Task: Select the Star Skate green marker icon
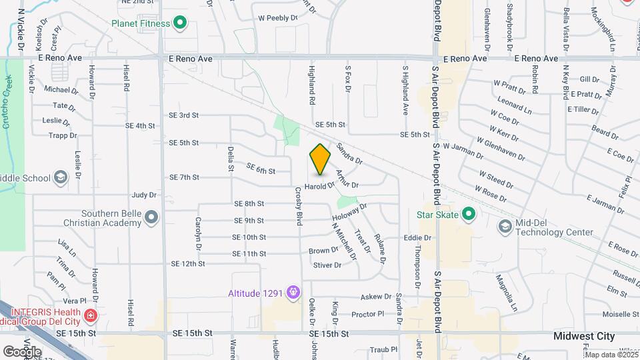pos(469,215)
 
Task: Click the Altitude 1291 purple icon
pos(292,292)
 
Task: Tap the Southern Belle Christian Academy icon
pos(152,217)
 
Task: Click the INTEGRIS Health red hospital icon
pos(91,314)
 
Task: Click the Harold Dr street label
pos(319,187)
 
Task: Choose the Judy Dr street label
pos(143,195)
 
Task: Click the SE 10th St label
pos(249,237)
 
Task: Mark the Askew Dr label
pos(375,297)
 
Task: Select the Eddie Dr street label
pos(417,237)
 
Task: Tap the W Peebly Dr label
pos(277,18)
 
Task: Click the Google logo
pos(22,351)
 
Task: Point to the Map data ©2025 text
pos(610,355)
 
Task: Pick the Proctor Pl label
pos(367,314)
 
